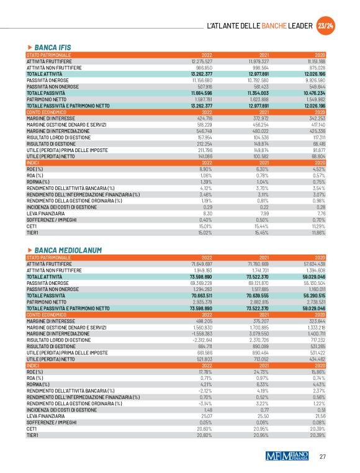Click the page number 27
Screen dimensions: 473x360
[x=322, y=457]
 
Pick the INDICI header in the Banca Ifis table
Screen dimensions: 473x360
[x=34, y=163]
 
